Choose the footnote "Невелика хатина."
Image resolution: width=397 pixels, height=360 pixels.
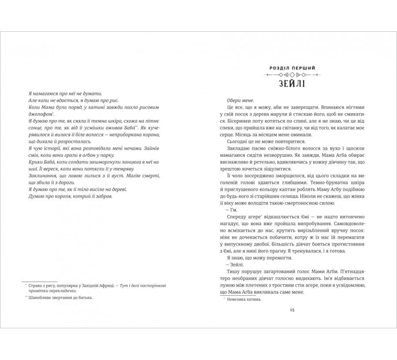point(243,299)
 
